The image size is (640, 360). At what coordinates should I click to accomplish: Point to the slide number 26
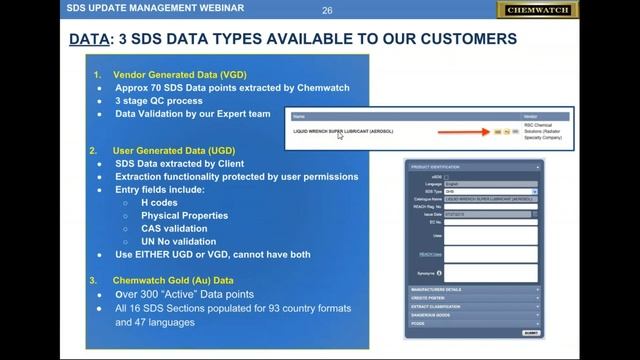coord(327,11)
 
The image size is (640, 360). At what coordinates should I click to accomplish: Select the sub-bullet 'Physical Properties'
coord(184,215)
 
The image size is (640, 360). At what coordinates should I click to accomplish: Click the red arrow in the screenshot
coord(461,131)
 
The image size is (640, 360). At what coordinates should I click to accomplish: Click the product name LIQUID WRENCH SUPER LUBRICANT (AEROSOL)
coord(343,131)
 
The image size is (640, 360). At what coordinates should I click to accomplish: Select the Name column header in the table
coord(299,116)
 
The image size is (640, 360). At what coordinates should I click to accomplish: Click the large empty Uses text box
coord(491,235)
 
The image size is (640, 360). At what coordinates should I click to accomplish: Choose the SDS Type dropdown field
coord(491,191)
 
